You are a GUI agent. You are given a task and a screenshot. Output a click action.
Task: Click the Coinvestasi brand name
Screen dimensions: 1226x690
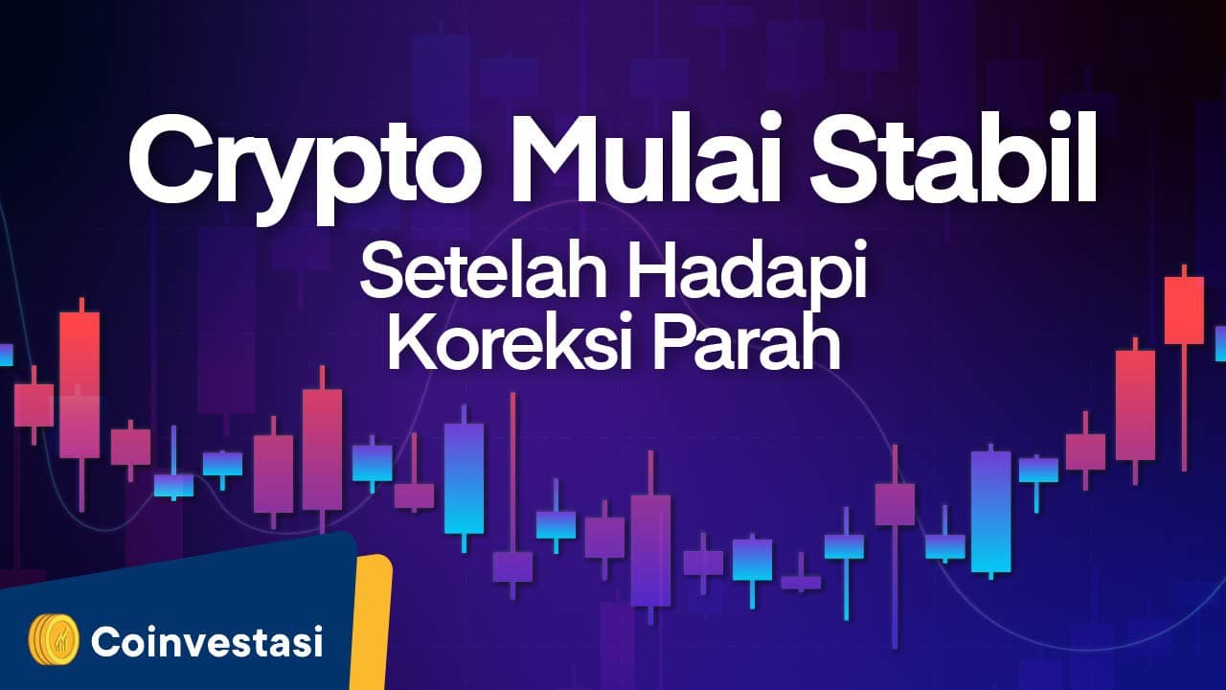click(207, 641)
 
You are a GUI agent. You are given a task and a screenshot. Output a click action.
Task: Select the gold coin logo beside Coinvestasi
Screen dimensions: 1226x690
click(54, 639)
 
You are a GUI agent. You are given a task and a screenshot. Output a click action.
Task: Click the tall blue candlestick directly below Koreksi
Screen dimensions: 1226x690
click(465, 478)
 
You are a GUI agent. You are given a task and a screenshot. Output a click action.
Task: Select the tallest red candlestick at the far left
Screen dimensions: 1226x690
click(79, 404)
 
